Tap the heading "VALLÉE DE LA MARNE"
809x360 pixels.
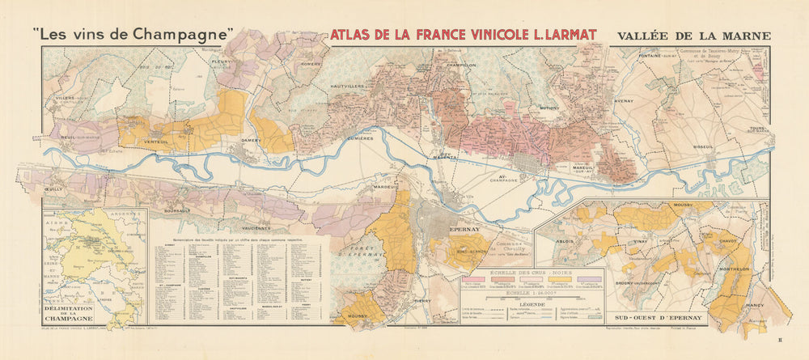click(x=693, y=36)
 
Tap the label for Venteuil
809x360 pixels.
click(x=155, y=142)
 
